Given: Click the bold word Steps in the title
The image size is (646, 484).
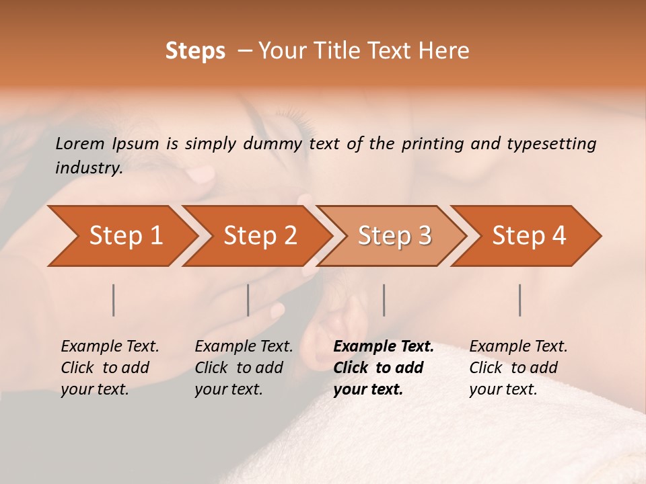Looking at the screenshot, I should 195,51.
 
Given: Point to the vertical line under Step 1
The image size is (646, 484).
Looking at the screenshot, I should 114,300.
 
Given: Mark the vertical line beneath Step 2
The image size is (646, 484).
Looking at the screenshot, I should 248,300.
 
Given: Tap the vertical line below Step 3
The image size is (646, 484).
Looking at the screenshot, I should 384,300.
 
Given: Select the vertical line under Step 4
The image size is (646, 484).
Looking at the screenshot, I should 520,300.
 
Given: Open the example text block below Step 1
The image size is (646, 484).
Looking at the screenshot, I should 110,368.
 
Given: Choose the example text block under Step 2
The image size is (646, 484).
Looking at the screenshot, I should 244,368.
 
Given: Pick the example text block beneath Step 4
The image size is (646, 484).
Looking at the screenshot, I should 518,368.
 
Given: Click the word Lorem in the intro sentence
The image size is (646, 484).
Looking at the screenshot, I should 80,144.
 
